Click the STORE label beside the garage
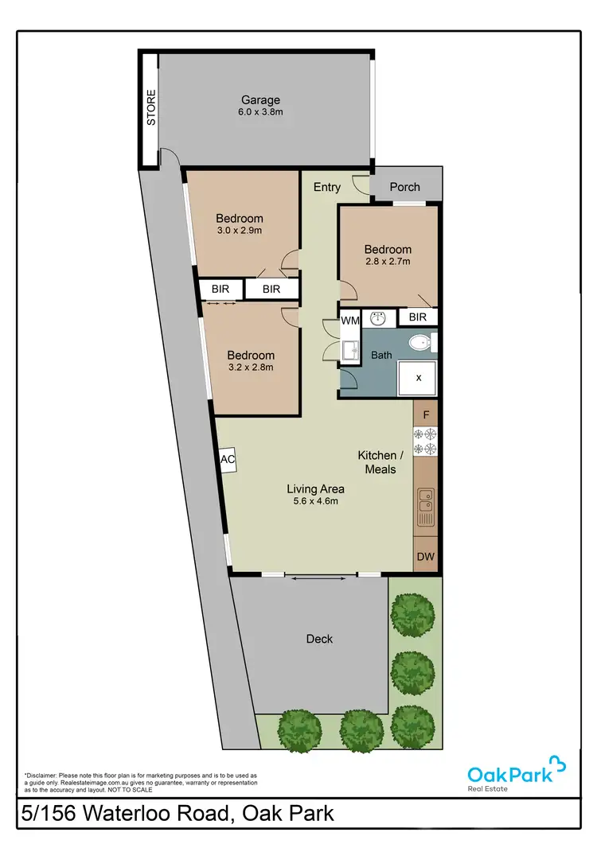(x=150, y=108)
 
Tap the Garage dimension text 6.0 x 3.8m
(x=261, y=113)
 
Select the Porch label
(x=404, y=187)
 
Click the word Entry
(x=327, y=187)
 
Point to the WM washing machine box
(x=350, y=320)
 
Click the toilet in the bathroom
(x=421, y=343)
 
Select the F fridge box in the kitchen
(x=426, y=414)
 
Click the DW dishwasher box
(x=426, y=557)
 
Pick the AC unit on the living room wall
(x=226, y=460)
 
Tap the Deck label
(x=319, y=639)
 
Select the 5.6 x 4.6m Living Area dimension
(x=314, y=501)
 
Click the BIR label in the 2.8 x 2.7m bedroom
(x=418, y=317)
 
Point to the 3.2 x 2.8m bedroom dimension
(x=251, y=368)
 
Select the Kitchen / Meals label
(x=380, y=462)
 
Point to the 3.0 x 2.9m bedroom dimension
(x=240, y=231)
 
